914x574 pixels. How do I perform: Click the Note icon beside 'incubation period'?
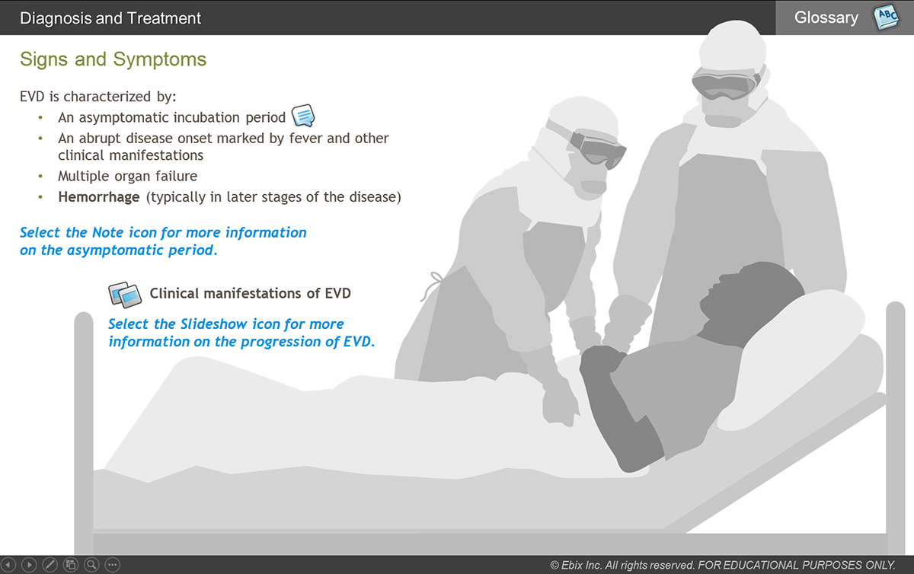pyautogui.click(x=303, y=116)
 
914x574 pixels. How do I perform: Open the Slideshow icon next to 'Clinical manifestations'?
pyautogui.click(x=125, y=294)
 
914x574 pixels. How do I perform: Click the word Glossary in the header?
pyautogui.click(x=826, y=18)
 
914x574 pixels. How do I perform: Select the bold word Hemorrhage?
pyautogui.click(x=99, y=197)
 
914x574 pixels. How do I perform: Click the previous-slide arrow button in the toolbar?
pyautogui.click(x=8, y=565)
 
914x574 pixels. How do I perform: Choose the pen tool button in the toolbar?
pyautogui.click(x=50, y=565)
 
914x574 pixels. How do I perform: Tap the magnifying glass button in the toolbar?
pyautogui.click(x=91, y=565)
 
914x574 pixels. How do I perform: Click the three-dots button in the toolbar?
pyautogui.click(x=112, y=565)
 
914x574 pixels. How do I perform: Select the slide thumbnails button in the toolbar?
pyautogui.click(x=71, y=565)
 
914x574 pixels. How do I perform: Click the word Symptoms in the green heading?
pyautogui.click(x=159, y=60)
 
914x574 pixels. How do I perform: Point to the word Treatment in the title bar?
pyautogui.click(x=164, y=18)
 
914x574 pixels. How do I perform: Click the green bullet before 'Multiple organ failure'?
pyautogui.click(x=40, y=177)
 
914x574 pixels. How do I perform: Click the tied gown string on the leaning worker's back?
pyautogui.click(x=432, y=285)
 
